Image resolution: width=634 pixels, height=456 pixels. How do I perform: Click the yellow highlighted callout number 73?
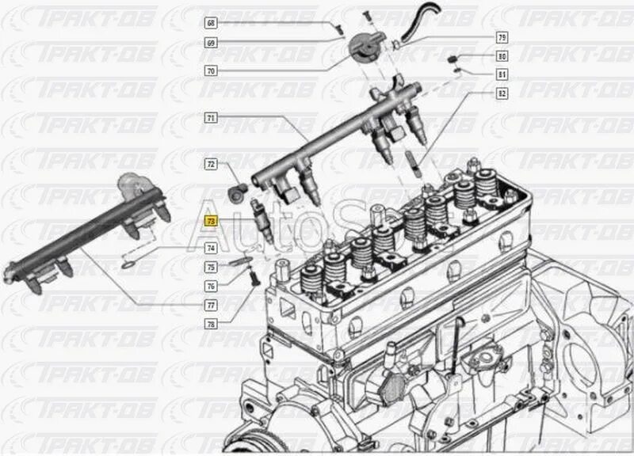[211, 222]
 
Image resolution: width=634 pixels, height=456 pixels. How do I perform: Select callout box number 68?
[211, 25]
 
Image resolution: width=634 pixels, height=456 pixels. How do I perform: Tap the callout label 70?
[211, 70]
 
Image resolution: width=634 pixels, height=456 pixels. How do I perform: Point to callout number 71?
[211, 117]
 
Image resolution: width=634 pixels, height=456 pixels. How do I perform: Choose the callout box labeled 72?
[211, 165]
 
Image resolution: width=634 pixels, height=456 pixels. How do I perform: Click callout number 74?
[211, 249]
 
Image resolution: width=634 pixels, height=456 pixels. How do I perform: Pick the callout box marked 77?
[211, 305]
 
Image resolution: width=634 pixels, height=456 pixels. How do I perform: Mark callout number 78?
[211, 323]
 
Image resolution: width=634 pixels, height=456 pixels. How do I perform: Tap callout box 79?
[502, 37]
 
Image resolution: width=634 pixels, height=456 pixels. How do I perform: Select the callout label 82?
[502, 93]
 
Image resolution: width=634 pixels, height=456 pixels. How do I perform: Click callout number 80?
[502, 56]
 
